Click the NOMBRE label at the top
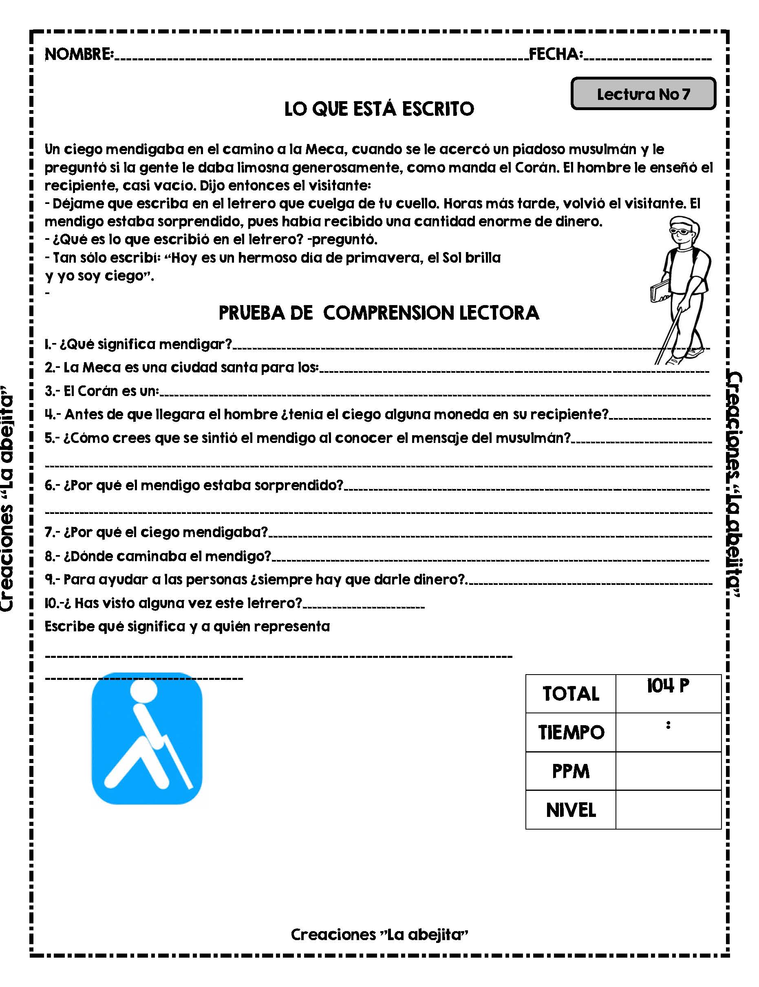(79, 54)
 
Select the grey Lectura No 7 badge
(643, 94)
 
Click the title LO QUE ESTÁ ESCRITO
(379, 109)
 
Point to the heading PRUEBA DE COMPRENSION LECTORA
(379, 313)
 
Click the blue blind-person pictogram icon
(147, 739)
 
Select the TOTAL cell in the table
(571, 694)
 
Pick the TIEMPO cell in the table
(571, 732)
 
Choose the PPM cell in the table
(571, 771)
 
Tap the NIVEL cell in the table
(571, 810)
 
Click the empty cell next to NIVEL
(668, 810)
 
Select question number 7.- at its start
(52, 532)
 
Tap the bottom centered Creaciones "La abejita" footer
(379, 934)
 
